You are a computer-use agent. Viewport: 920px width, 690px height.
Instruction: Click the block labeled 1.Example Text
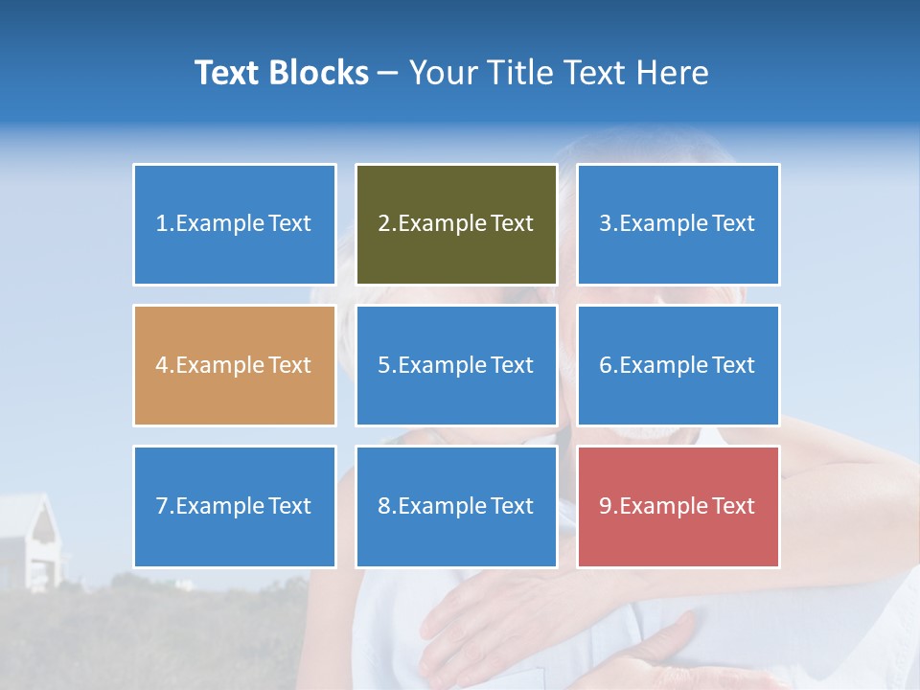pyautogui.click(x=235, y=224)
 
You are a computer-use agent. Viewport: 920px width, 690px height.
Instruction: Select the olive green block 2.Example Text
pyautogui.click(x=456, y=224)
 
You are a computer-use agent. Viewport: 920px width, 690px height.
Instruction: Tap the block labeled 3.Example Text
pyautogui.click(x=678, y=224)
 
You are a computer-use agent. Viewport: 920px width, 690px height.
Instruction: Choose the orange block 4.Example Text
pyautogui.click(x=235, y=365)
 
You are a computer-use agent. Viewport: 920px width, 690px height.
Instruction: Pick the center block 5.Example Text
pyautogui.click(x=456, y=365)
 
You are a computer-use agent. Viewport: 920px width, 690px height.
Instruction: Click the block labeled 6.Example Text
pyautogui.click(x=678, y=365)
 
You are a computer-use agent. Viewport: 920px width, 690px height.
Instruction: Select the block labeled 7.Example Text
pyautogui.click(x=235, y=506)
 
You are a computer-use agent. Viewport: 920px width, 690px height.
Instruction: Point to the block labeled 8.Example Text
pyautogui.click(x=456, y=506)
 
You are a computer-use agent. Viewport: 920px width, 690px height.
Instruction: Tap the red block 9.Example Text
pyautogui.click(x=678, y=506)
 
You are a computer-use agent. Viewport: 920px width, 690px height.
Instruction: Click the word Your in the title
pyautogui.click(x=441, y=73)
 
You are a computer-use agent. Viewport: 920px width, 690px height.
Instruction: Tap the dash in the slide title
pyautogui.click(x=388, y=73)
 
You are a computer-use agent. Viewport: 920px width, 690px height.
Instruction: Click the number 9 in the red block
pyautogui.click(x=606, y=506)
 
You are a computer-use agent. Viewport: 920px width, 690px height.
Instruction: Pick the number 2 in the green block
pyautogui.click(x=383, y=224)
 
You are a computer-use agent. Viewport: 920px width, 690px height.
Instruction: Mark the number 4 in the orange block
pyautogui.click(x=162, y=365)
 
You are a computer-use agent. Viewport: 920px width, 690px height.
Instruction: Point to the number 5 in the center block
pyautogui.click(x=383, y=365)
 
